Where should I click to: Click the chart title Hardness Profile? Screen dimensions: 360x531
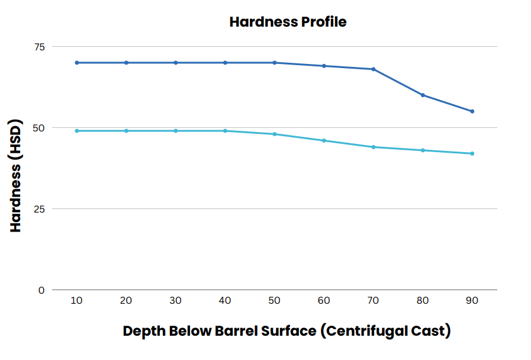288,22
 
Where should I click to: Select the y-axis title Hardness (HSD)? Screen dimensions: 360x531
16,177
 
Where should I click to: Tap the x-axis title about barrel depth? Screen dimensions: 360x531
287,331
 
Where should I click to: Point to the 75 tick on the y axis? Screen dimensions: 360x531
40,46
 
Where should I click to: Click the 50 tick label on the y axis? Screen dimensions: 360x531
40,128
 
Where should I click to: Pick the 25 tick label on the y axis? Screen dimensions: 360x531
40,209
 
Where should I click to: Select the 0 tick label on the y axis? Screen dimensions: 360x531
41,290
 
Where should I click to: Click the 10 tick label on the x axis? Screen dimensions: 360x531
76,301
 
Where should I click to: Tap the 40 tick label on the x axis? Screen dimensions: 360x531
225,301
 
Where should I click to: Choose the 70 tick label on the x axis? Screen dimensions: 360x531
373,301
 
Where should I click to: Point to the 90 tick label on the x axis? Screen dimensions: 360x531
472,301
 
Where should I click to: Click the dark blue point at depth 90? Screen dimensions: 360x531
472,111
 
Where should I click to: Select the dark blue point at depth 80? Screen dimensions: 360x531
423,95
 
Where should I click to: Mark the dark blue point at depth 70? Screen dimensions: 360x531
373,69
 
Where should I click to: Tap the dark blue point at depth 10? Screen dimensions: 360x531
76,63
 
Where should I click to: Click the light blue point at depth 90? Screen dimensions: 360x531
472,153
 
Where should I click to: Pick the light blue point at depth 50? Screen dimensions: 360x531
275,134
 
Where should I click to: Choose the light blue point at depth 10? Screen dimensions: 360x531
76,131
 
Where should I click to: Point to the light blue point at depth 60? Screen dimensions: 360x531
324,140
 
